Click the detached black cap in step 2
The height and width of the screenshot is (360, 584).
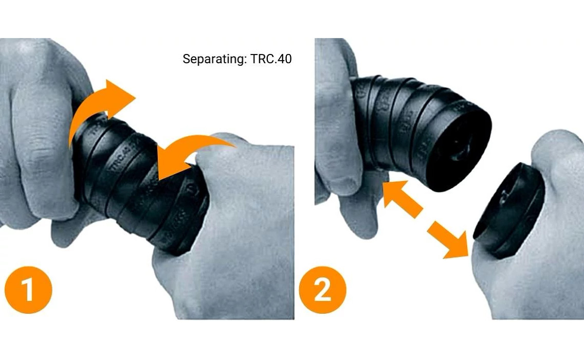click(509, 211)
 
